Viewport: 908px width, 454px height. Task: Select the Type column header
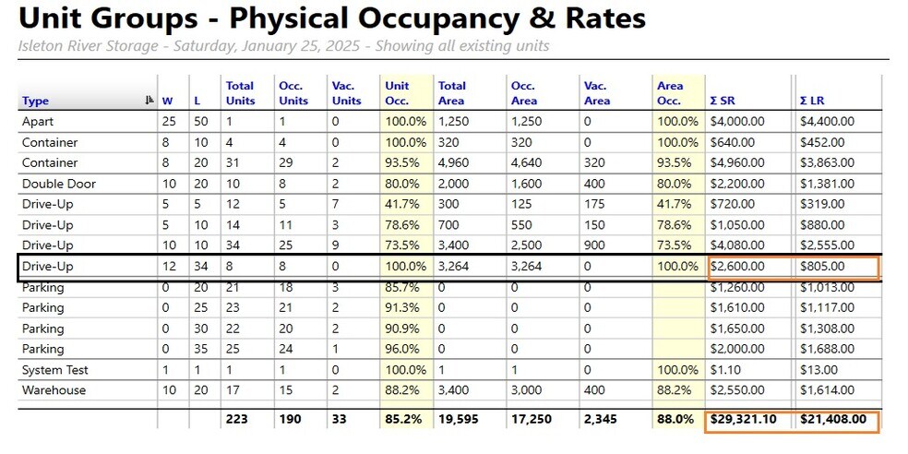[35, 101]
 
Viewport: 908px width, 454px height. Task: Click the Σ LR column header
[812, 101]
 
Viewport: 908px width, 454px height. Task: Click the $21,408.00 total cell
[832, 420]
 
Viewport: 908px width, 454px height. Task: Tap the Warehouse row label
[54, 390]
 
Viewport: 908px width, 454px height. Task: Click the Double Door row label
[58, 184]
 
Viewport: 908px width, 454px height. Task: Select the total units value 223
[237, 420]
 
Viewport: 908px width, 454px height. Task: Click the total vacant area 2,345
[602, 420]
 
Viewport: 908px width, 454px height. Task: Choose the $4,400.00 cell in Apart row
[828, 122]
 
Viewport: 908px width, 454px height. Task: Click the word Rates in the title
[595, 18]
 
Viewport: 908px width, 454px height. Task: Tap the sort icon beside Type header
[149, 101]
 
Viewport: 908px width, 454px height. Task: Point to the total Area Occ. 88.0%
[675, 420]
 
